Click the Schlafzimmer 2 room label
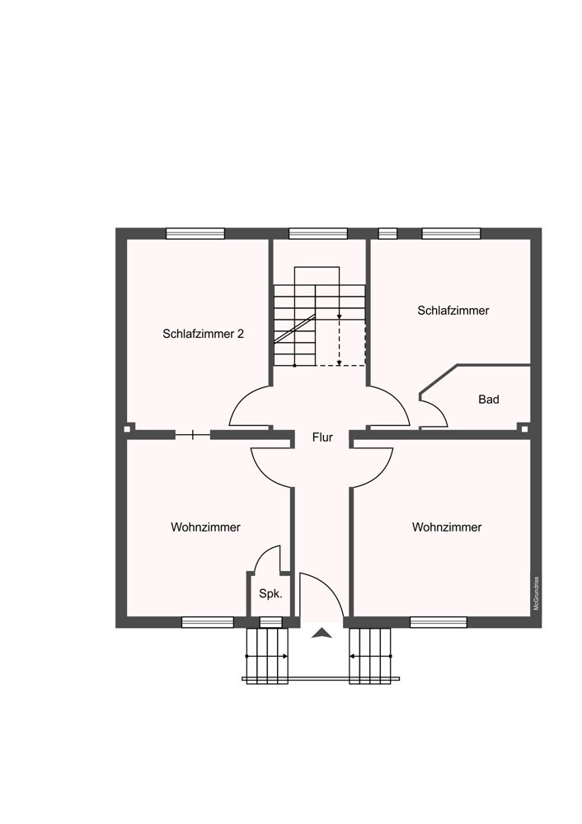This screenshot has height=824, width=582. (x=203, y=334)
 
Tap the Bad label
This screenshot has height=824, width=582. (x=488, y=400)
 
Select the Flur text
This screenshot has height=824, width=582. (x=322, y=438)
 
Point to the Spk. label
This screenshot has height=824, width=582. (x=270, y=594)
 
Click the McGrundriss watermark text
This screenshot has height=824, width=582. (x=537, y=594)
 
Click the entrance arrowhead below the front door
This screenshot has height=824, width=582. (x=322, y=633)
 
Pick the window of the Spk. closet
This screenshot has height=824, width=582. (x=271, y=622)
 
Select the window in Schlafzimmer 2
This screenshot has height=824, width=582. (x=195, y=233)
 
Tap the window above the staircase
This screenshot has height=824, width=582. (x=318, y=233)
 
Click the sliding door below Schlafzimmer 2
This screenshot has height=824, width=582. (x=192, y=434)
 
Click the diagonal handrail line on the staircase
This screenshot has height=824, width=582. (x=294, y=329)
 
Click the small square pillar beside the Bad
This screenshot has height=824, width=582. (x=524, y=428)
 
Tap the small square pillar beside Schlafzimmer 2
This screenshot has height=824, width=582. (x=127, y=428)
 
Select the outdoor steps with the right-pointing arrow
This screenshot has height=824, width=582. (x=267, y=657)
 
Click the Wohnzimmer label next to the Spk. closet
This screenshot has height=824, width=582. (x=205, y=527)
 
